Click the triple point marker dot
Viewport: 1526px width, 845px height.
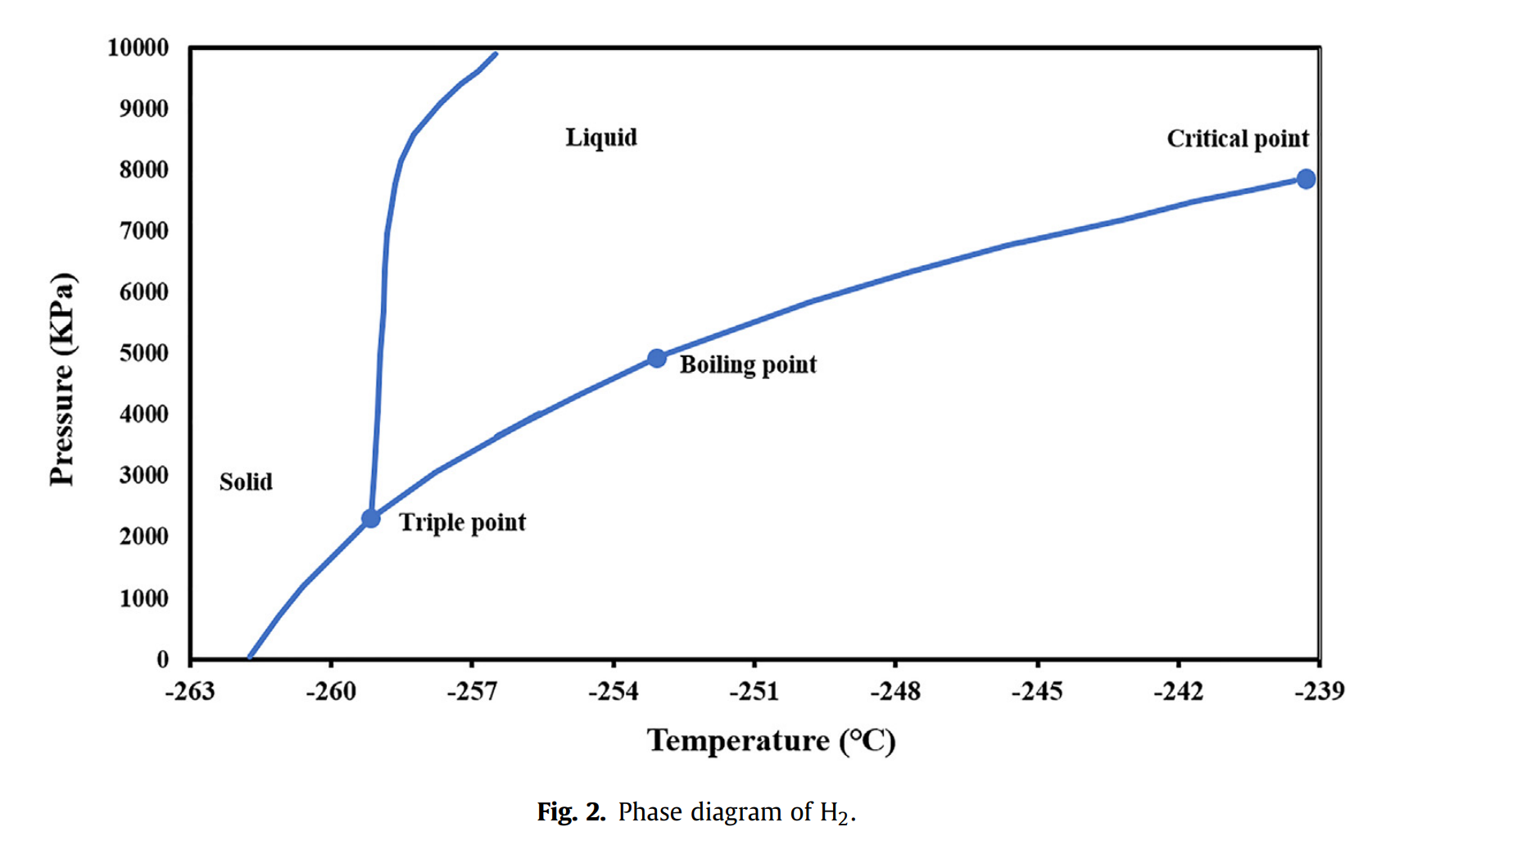point(371,518)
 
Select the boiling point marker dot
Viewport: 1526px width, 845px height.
point(657,359)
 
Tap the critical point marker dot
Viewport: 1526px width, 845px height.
point(1306,179)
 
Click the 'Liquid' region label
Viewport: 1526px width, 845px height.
point(601,138)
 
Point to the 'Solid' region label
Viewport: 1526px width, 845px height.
point(246,481)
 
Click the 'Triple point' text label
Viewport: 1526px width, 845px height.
point(462,522)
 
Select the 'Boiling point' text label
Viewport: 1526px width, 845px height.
point(748,364)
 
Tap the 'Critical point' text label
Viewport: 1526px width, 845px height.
point(1238,139)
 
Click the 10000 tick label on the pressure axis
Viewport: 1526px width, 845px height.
point(138,48)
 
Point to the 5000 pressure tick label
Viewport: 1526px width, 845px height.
point(144,353)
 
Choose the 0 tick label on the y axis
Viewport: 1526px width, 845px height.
point(163,659)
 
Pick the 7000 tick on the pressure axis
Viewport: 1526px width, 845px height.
point(144,231)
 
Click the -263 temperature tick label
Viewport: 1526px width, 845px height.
point(190,692)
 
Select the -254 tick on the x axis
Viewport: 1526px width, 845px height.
point(614,692)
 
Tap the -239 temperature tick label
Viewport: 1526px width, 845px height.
point(1319,692)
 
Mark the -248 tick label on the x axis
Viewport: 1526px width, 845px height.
point(895,692)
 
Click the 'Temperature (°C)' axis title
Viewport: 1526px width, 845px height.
point(771,741)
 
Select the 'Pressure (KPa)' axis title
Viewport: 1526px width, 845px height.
point(62,378)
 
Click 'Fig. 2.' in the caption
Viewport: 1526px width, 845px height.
point(571,812)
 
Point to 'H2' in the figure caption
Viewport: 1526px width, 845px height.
point(835,813)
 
